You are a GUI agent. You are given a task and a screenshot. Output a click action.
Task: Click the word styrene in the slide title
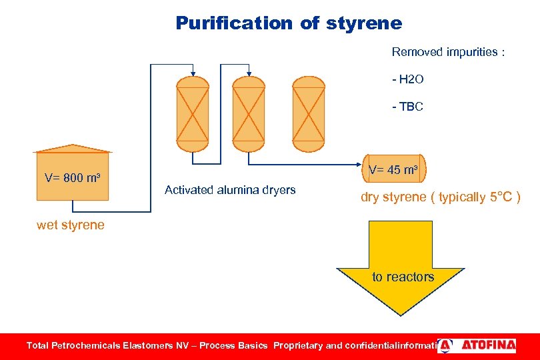(x=365, y=23)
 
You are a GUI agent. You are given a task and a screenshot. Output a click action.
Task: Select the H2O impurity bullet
(x=408, y=80)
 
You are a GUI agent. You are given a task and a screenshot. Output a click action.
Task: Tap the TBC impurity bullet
(x=408, y=107)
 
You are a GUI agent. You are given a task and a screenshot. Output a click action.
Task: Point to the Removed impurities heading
(x=447, y=52)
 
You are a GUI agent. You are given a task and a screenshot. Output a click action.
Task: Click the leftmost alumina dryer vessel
(x=193, y=115)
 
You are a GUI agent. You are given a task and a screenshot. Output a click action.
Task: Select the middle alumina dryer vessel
(x=248, y=115)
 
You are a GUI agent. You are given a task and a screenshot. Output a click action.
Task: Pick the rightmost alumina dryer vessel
(x=309, y=115)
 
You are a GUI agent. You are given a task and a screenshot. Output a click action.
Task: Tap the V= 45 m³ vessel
(x=393, y=170)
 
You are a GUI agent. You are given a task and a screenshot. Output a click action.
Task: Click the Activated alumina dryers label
(x=230, y=190)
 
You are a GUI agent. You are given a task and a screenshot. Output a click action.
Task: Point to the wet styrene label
(x=71, y=225)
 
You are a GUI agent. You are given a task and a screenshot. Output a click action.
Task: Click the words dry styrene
(x=393, y=197)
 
